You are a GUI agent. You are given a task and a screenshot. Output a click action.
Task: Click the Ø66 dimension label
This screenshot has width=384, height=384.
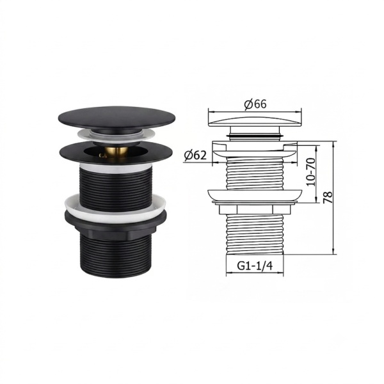pyautogui.click(x=255, y=104)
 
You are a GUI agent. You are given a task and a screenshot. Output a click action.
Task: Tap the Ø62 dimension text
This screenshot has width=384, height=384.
pyautogui.click(x=195, y=155)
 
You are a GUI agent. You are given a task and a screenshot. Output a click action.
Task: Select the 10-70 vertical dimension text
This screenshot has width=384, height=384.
pyautogui.click(x=311, y=172)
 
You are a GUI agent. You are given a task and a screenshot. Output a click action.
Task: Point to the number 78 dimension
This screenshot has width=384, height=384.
pyautogui.click(x=328, y=197)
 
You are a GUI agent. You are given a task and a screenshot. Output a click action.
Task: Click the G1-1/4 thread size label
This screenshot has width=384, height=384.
pyautogui.click(x=255, y=266)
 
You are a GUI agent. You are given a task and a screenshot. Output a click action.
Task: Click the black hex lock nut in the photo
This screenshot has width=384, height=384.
pyautogui.click(x=115, y=227)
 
